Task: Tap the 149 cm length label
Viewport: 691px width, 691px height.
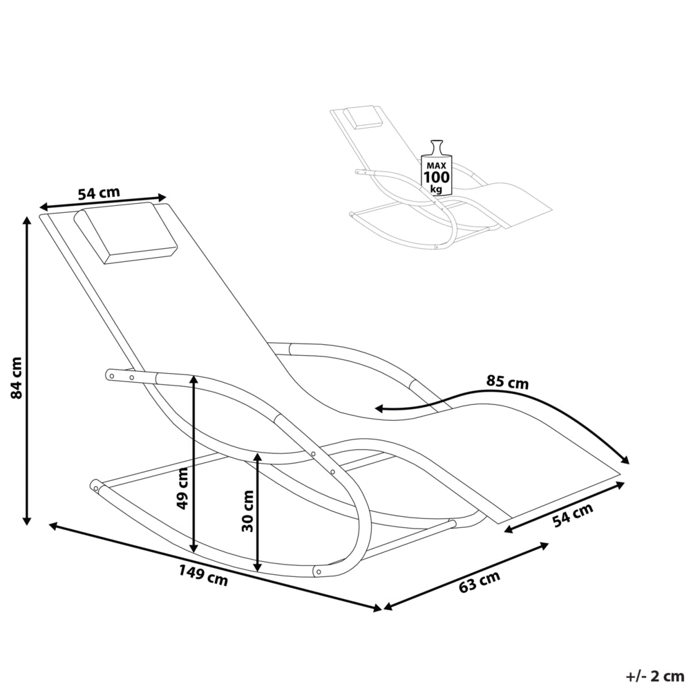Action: pos(203,575)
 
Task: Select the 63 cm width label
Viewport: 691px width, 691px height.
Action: pos(480,581)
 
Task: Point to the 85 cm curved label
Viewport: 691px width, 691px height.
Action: pos(507,381)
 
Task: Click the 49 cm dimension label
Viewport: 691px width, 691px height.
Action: pos(182,489)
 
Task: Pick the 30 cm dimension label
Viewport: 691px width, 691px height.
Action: pos(247,511)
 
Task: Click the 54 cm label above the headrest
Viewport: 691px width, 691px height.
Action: pos(99,193)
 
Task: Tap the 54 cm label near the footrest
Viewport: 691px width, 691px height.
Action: pos(573,514)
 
